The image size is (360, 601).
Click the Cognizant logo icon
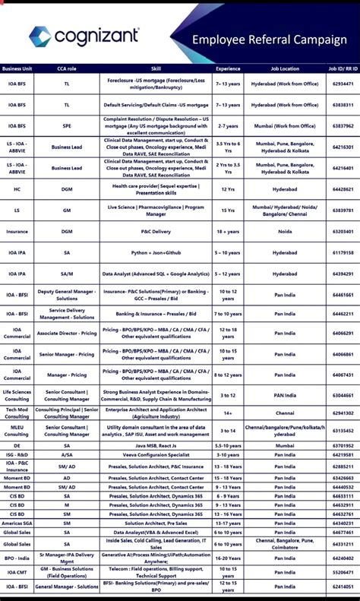point(40,36)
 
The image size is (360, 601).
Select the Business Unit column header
point(17,68)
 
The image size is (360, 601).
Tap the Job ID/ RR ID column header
point(343,68)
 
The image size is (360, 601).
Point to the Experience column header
point(228,68)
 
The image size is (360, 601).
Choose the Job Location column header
point(285,68)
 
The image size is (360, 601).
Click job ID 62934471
point(343,84)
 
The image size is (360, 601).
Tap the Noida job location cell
point(285,231)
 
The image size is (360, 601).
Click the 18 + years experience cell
point(228,231)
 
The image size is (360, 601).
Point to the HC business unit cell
point(17,188)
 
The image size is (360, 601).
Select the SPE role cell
point(67,125)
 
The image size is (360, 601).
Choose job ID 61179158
point(343,252)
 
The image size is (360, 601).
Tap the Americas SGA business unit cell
point(17,523)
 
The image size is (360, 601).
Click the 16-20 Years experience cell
point(228,558)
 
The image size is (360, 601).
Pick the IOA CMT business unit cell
point(17,572)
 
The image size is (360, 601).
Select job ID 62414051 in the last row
point(343,587)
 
